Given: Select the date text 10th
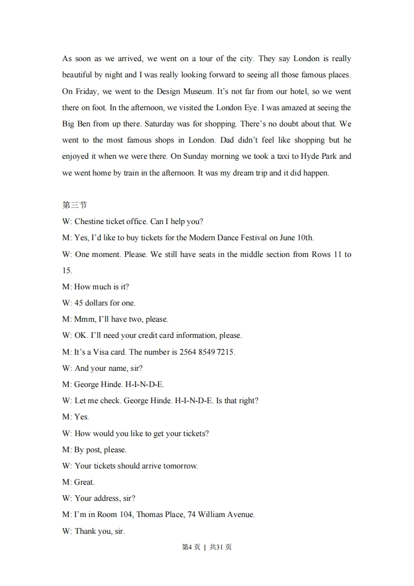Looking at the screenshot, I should point(305,238).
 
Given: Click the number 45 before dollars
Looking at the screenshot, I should point(79,303).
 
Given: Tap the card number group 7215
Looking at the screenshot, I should point(226,351).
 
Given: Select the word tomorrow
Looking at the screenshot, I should point(179,465).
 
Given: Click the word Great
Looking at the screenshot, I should point(85,482).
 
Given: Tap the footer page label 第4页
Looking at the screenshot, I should point(191,547).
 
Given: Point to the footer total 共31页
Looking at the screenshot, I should point(220,547).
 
